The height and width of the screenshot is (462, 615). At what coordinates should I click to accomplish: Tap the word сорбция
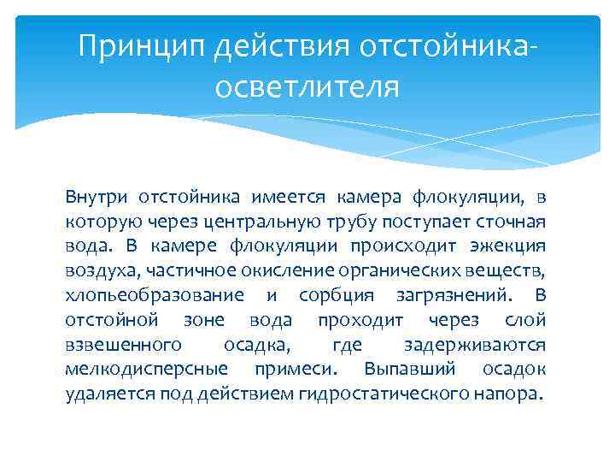coord(337,296)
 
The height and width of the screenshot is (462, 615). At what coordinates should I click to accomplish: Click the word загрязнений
coord(450,296)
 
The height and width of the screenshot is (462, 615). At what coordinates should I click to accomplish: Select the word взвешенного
coord(123,345)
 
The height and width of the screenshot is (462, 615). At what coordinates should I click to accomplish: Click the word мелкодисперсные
coord(146,370)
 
